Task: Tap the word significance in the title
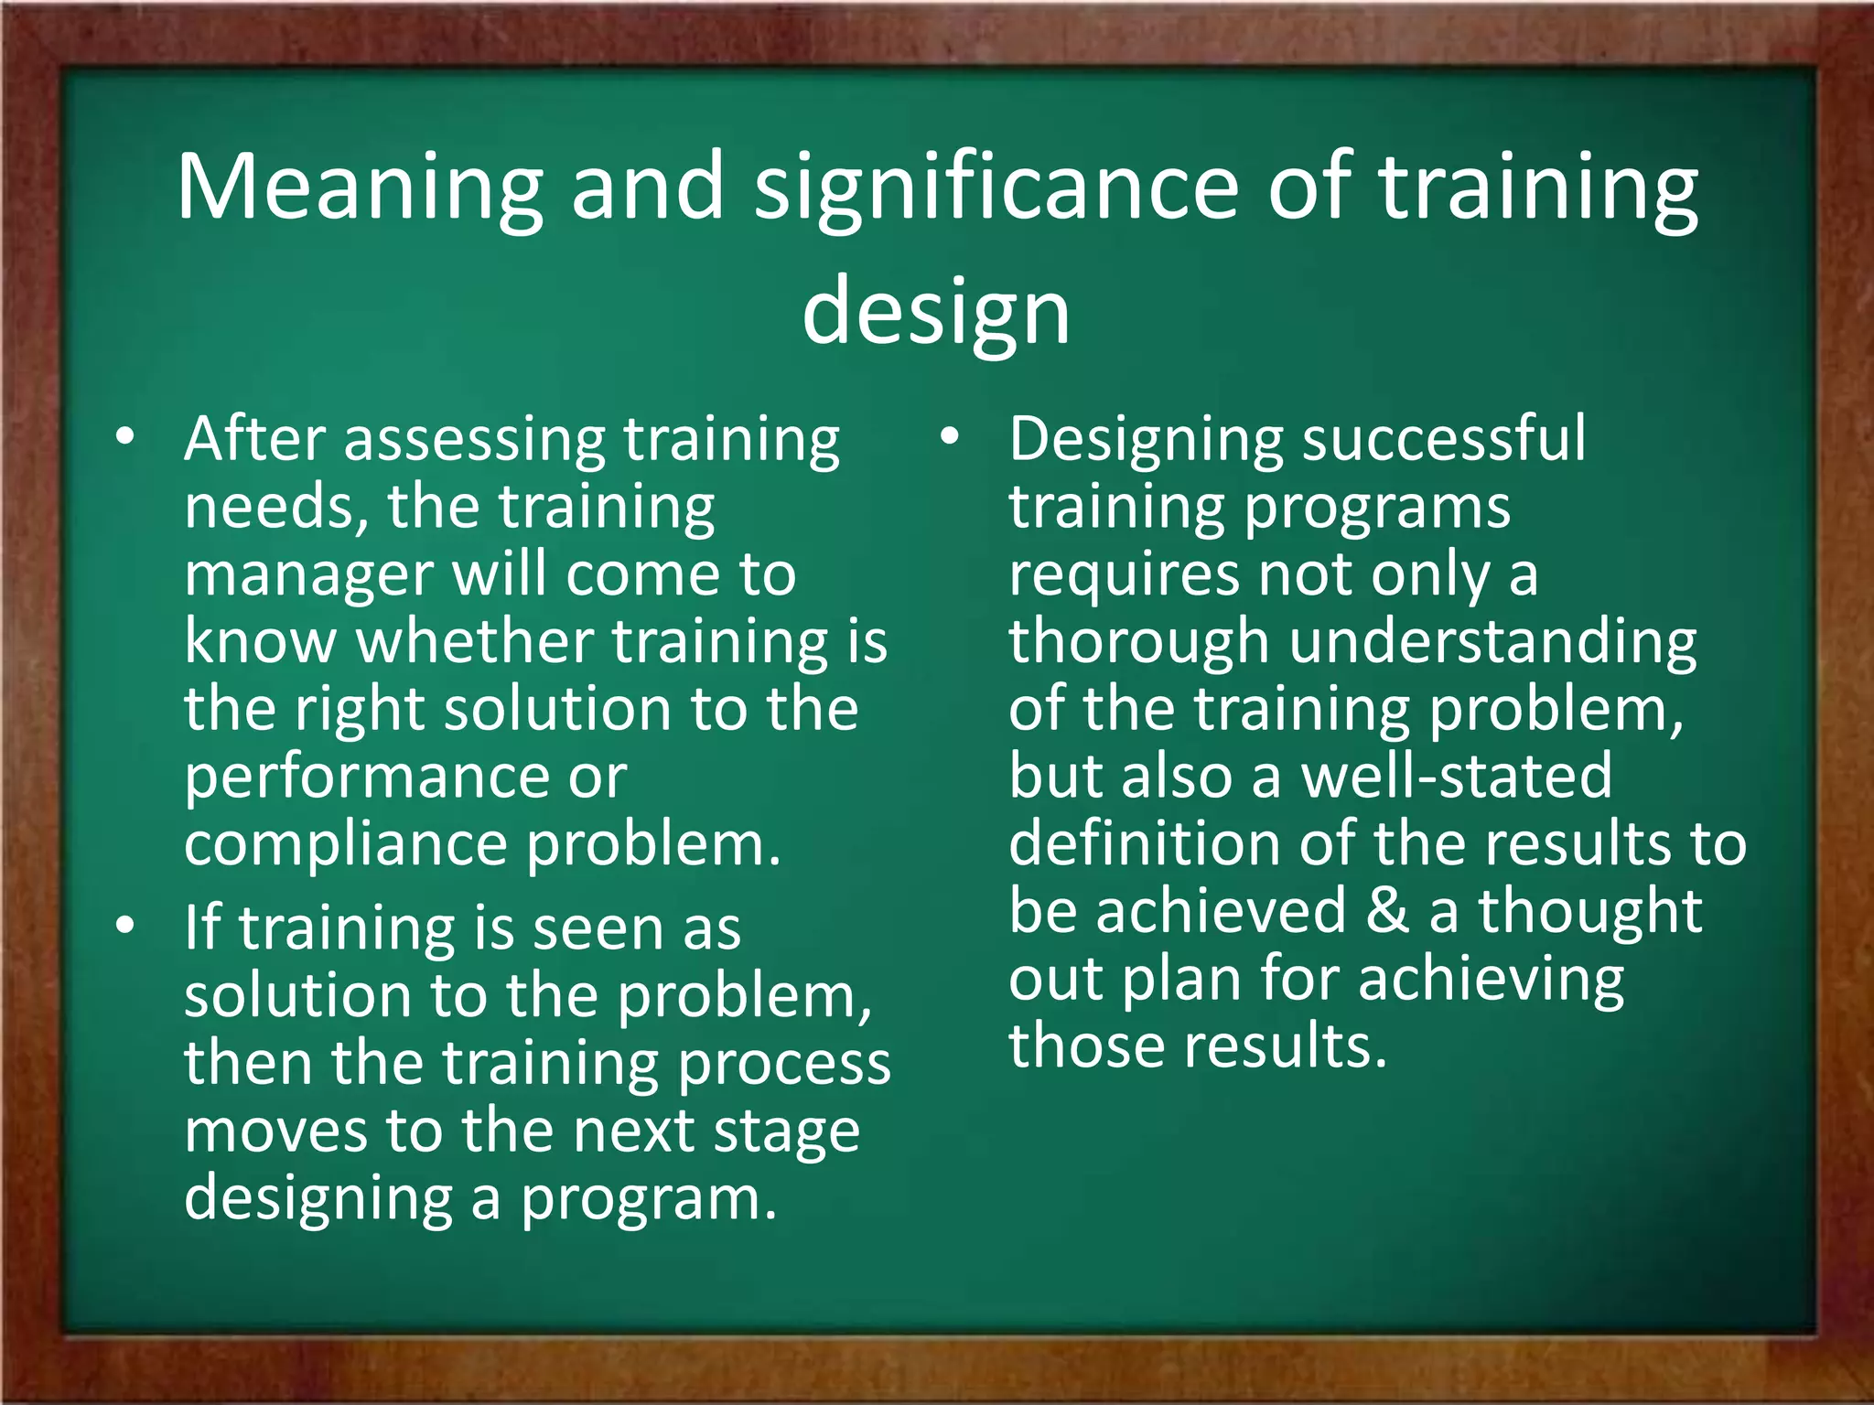click(996, 188)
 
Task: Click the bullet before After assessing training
click(125, 436)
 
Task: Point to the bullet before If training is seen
click(125, 925)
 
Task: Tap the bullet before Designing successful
click(950, 436)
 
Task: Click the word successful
click(1444, 439)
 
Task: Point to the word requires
click(1123, 576)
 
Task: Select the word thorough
click(1138, 641)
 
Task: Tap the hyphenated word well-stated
click(1456, 776)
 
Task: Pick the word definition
click(1144, 843)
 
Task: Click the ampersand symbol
click(1387, 911)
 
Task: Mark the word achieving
click(1491, 980)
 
